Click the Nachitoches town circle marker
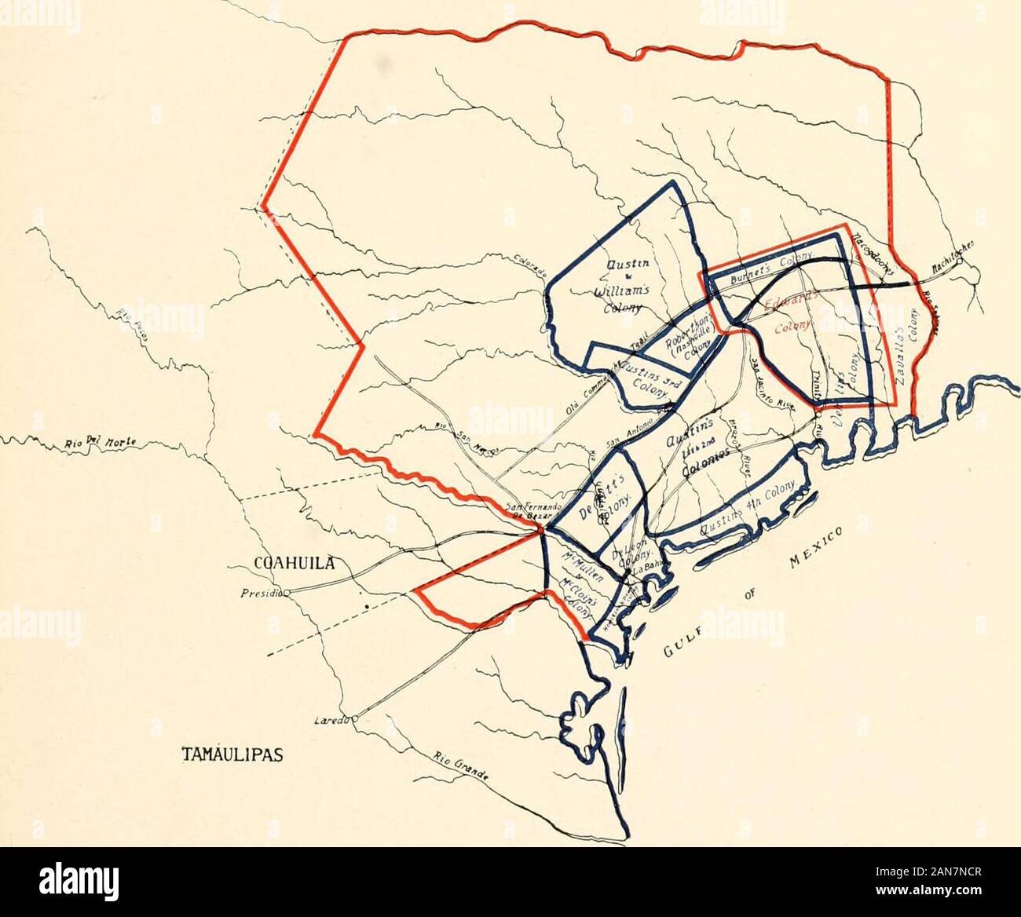[961, 263]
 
